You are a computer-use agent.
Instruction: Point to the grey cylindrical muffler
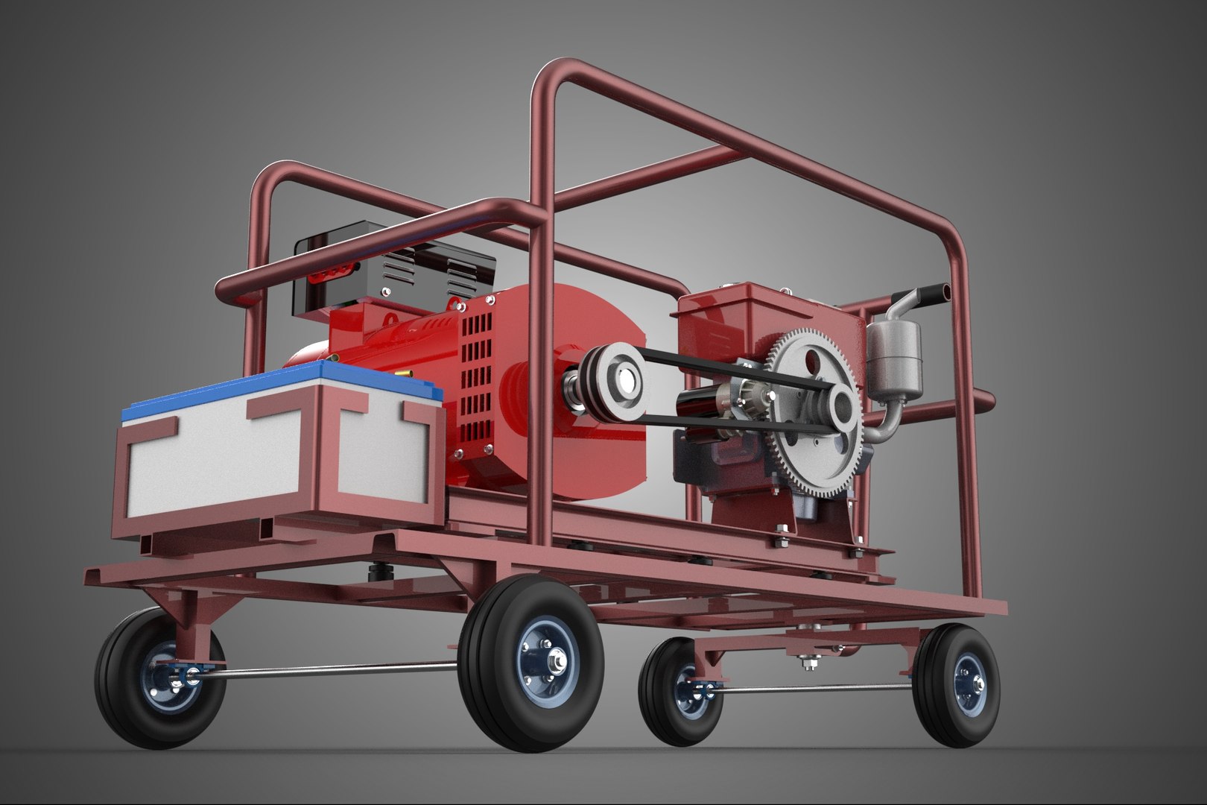click(895, 358)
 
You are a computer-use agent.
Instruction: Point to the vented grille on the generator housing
click(477, 388)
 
